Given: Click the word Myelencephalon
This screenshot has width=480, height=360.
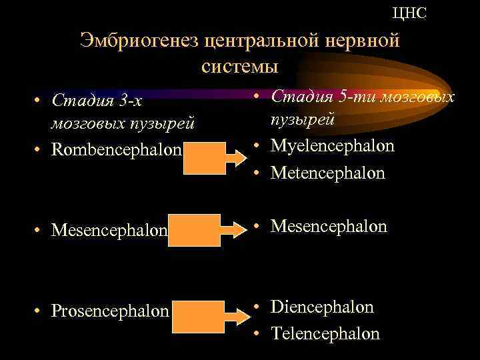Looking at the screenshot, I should click(333, 145).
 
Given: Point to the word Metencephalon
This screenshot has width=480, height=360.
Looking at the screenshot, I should click(328, 173).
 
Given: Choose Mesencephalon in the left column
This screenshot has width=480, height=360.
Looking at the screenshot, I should click(109, 230).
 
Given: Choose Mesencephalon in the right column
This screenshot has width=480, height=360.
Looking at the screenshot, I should click(329, 227).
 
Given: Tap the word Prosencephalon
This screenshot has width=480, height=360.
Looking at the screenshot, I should click(110, 311).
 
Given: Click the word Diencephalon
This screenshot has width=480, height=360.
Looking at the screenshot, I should click(322, 307).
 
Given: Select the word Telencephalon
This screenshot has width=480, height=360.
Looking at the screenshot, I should click(325, 333).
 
